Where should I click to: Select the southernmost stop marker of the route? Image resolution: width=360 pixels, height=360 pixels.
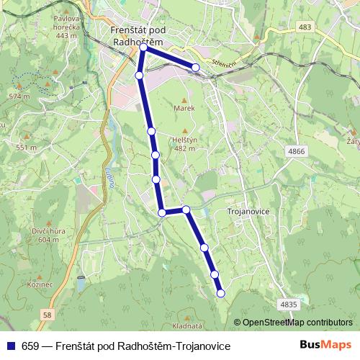pos(220,292)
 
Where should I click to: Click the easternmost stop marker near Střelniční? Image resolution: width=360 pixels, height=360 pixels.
pos(195,68)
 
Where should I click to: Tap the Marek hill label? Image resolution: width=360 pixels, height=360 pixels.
pos(184,108)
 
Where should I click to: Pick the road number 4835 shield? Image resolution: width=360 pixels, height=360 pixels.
pos(288,305)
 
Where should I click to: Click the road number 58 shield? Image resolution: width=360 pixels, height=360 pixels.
pos(48,314)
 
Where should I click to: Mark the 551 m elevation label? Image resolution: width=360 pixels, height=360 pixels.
pos(26,148)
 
